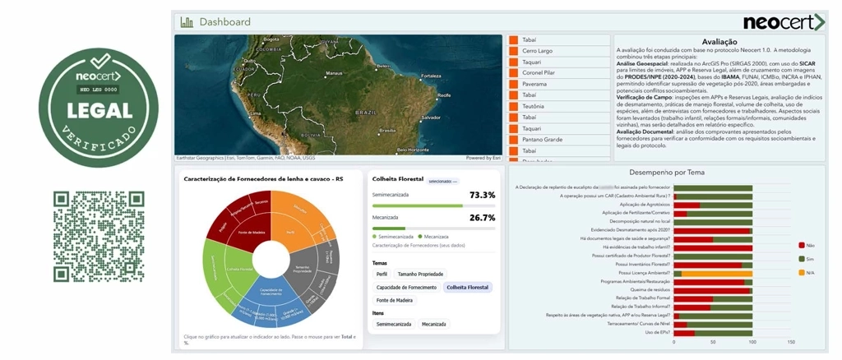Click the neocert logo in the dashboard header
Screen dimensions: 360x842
[784, 22]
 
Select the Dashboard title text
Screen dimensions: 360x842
[224, 22]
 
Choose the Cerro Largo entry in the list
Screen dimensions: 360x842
[538, 51]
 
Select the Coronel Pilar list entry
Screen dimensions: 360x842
[539, 73]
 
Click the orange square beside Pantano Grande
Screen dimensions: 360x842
[512, 140]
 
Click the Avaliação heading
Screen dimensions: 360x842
[720, 41]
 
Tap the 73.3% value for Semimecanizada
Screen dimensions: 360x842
[482, 195]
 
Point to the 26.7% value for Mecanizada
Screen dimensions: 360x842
[482, 218]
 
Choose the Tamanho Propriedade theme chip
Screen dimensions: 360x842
[420, 274]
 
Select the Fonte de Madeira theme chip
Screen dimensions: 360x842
[395, 300]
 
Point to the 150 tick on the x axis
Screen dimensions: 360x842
[791, 342]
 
